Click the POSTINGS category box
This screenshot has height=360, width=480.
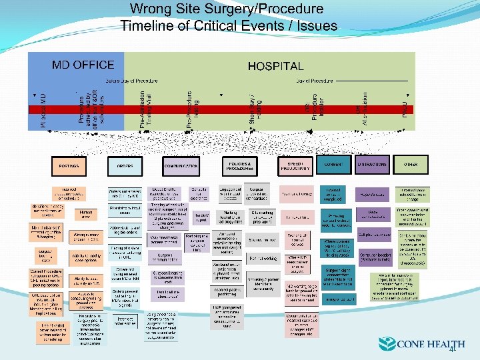pyautogui.click(x=69, y=165)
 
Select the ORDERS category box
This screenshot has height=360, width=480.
pyautogui.click(x=125, y=165)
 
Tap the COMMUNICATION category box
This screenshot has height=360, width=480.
pyautogui.click(x=181, y=165)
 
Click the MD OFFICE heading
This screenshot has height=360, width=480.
pyautogui.click(x=83, y=65)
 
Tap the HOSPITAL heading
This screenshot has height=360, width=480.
pyautogui.click(x=275, y=67)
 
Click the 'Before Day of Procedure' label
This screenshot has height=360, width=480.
pyautogui.click(x=131, y=81)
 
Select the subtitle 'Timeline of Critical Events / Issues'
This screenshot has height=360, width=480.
pyautogui.click(x=229, y=27)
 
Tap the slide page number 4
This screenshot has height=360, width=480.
pyautogui.click(x=451, y=349)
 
